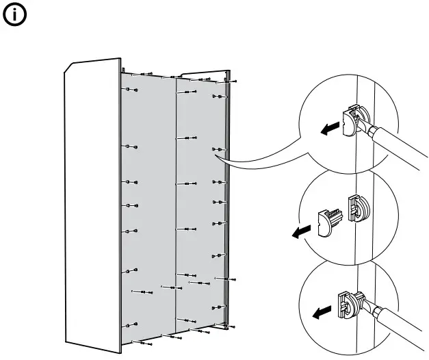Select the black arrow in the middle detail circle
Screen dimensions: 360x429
tap(298, 233)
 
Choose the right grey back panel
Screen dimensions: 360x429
tap(202, 205)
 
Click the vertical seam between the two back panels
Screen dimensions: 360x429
tap(177, 205)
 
